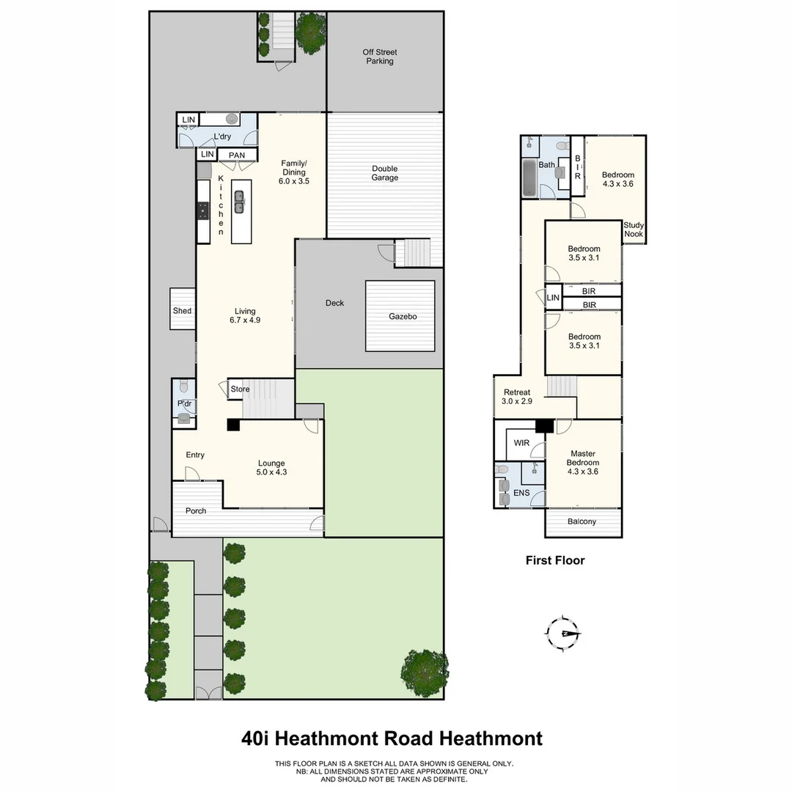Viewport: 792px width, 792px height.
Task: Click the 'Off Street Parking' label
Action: pos(379,56)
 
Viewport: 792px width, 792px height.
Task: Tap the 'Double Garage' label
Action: pos(384,173)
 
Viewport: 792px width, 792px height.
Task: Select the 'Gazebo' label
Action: pos(403,317)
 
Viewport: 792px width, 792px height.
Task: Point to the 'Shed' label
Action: pos(182,311)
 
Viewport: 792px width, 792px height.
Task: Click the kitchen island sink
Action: pos(240,202)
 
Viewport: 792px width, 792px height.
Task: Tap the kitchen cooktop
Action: pos(202,211)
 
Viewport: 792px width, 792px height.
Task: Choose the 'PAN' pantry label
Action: pos(237,155)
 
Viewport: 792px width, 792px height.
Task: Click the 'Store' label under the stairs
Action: pos(241,389)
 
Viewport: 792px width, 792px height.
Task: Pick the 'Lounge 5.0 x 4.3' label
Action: pos(271,468)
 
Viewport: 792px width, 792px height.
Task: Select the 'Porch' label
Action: pos(196,511)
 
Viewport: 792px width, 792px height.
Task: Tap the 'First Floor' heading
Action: pos(555,560)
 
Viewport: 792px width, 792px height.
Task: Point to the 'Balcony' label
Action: pos(582,522)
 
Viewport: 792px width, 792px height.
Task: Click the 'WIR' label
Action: pos(521,444)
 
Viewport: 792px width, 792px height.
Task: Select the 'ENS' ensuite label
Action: pos(521,493)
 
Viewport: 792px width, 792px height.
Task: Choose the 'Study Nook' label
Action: pos(634,230)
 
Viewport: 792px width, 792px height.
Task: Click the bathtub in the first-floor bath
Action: pos(529,179)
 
